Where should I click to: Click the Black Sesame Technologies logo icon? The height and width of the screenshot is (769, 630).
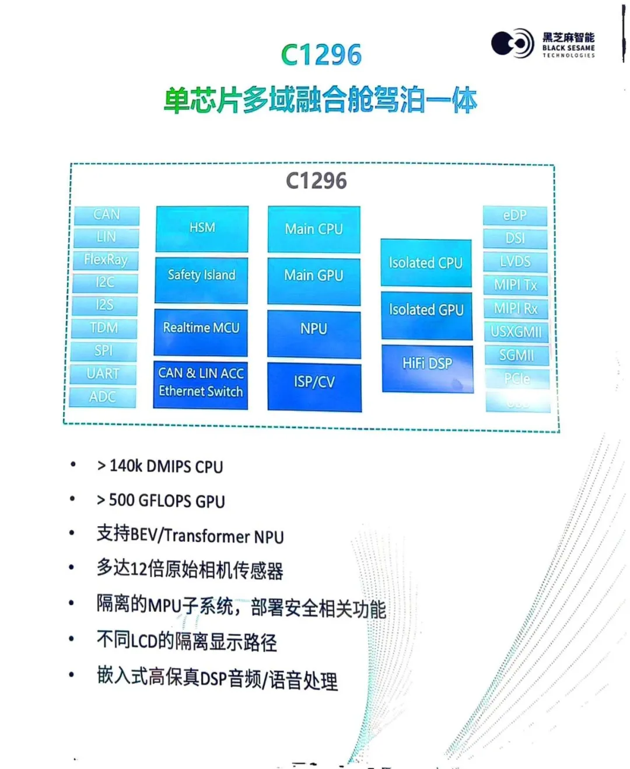[x=512, y=43]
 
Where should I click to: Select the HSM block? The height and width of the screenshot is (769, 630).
[x=202, y=228]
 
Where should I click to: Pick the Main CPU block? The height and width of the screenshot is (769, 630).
[x=314, y=229]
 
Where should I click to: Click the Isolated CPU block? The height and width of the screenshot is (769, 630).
[x=426, y=263]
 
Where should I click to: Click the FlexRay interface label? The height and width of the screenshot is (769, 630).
[x=106, y=259]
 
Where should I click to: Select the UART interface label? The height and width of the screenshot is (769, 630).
[x=103, y=374]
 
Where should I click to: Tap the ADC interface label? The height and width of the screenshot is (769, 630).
[x=103, y=397]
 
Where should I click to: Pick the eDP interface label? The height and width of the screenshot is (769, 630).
[x=515, y=215]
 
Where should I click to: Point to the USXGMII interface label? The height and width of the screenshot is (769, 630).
[x=516, y=332]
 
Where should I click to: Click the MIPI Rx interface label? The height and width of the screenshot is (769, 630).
[x=516, y=308]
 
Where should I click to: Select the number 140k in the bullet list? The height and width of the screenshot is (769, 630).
[x=126, y=465]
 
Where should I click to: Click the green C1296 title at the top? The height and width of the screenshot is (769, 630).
[x=321, y=55]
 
